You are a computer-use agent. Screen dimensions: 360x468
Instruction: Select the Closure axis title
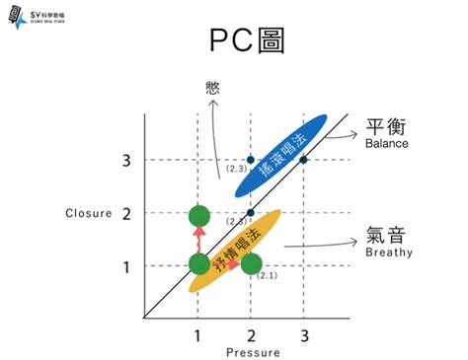[x=90, y=213]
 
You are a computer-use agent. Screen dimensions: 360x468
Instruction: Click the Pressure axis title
[x=253, y=352]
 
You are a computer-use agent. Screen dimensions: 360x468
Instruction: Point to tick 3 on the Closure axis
[x=126, y=160]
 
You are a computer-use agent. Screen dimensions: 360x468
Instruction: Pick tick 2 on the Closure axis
[x=126, y=213]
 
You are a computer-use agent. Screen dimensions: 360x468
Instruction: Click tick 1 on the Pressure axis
[x=198, y=335]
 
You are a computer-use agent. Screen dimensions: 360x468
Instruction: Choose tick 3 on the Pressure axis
[x=303, y=335]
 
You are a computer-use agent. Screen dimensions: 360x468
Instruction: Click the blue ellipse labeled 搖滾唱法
[x=281, y=155]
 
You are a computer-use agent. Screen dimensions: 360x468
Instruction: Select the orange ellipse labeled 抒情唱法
[x=236, y=250]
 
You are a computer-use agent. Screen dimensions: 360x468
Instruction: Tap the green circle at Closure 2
[x=198, y=215]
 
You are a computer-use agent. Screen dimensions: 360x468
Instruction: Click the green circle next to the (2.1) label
[x=251, y=263]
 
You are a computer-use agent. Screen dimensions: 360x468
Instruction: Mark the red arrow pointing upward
[x=198, y=238]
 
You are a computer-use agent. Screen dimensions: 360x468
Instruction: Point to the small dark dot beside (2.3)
[x=251, y=160]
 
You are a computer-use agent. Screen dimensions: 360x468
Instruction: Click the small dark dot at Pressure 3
[x=303, y=160]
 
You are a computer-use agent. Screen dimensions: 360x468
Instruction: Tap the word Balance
[x=386, y=145]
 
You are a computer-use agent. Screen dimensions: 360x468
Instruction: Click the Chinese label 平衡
[x=386, y=128]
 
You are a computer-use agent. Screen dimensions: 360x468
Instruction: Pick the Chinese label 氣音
[x=386, y=235]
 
